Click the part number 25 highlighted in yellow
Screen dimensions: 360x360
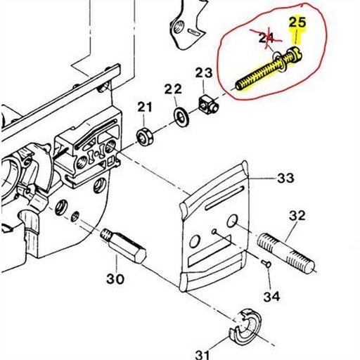click(297, 22)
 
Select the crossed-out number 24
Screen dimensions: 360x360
click(266, 37)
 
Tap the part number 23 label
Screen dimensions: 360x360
click(203, 73)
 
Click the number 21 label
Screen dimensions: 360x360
click(144, 107)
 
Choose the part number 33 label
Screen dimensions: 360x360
click(285, 179)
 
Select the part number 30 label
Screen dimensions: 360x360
click(115, 278)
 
